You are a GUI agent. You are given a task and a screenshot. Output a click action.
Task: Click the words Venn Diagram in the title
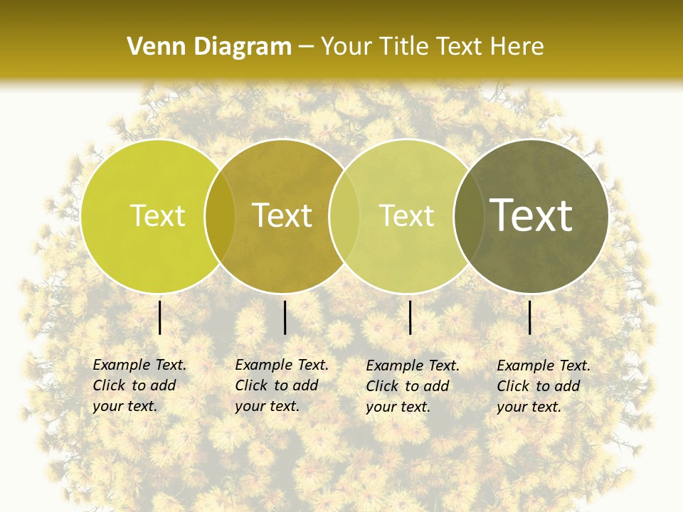209,47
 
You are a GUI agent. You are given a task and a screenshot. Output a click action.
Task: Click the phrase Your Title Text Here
433,47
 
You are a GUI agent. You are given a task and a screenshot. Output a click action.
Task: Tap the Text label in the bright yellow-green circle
157,215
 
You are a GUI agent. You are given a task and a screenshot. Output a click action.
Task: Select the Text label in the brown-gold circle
282,215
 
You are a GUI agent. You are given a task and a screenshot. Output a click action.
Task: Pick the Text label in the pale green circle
406,215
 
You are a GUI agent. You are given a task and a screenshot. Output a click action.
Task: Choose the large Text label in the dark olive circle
531,215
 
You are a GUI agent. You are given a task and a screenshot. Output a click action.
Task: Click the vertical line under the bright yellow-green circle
160,317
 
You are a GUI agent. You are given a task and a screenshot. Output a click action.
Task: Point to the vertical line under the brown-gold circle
285,317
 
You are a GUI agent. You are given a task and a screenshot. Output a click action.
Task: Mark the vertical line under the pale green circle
411,317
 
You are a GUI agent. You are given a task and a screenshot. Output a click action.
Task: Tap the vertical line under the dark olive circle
530,317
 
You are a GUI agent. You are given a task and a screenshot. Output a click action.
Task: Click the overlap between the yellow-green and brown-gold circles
220,215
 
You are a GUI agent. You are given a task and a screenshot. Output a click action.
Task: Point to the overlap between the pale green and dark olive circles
467,215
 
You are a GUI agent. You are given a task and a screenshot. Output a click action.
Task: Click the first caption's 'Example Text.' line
139,365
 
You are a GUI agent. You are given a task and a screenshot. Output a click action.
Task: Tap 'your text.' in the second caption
267,406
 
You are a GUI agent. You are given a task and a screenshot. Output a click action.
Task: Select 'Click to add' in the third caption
408,386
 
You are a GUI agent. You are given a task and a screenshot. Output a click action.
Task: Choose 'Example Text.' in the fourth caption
544,366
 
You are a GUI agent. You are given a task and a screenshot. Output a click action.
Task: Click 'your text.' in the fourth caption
529,407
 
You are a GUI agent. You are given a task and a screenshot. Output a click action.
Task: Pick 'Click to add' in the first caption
134,385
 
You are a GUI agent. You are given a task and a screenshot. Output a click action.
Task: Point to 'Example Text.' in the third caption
413,366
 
